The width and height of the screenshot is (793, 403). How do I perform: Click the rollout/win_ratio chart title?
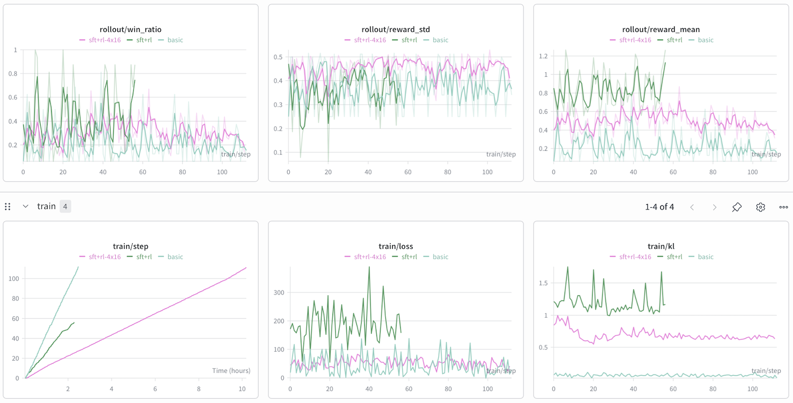[x=131, y=30]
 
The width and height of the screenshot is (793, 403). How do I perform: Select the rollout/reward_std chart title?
[x=396, y=30]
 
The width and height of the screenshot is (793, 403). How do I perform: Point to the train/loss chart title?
[x=396, y=246]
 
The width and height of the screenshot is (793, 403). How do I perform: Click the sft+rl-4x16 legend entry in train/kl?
[x=630, y=257]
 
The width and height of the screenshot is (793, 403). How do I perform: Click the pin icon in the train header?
[x=737, y=207]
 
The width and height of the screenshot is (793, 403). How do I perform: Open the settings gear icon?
[x=760, y=207]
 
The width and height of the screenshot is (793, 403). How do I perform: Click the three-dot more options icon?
[x=783, y=207]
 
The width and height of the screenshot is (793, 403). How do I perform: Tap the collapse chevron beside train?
[x=25, y=206]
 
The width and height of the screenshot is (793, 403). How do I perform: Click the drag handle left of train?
[x=8, y=206]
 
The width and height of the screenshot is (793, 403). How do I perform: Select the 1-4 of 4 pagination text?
[x=659, y=207]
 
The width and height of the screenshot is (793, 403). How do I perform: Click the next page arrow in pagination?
[x=714, y=207]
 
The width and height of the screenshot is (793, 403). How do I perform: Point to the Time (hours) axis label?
[x=231, y=371]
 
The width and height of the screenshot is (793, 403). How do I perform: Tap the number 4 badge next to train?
[x=65, y=206]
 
